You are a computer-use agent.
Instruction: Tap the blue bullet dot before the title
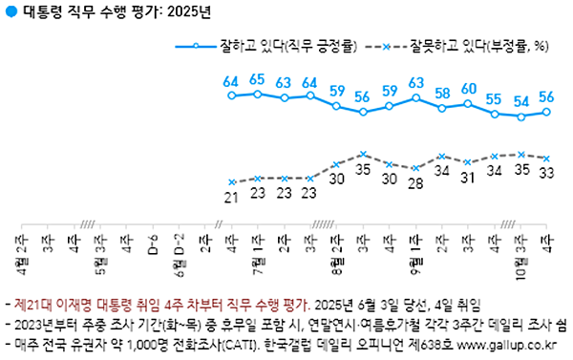coord(11,12)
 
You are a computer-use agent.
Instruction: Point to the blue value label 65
coord(257,79)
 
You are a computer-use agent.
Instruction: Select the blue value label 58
coord(441,94)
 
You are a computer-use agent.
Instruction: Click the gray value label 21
coord(230,197)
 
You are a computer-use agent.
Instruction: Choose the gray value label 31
coord(468,178)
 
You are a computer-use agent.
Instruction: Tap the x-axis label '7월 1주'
coord(257,250)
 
